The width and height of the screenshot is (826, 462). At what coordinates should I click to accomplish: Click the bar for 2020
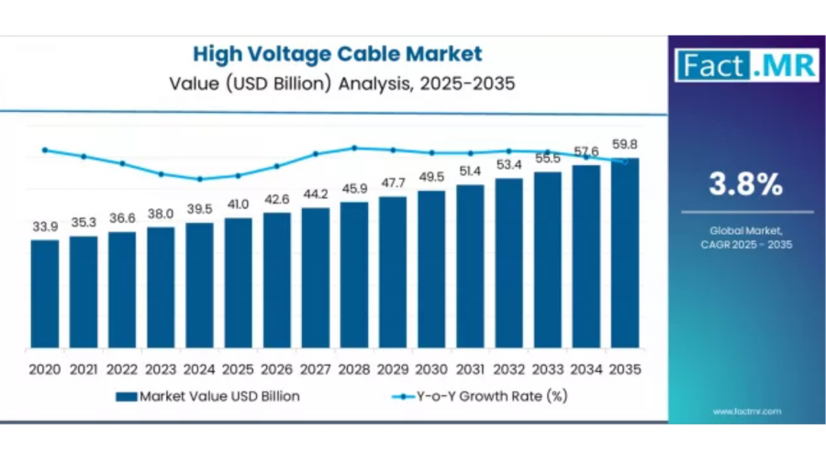pos(45,293)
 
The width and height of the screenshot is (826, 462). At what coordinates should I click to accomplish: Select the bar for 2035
pos(625,253)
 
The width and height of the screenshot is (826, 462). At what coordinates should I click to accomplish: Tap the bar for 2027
pos(316,278)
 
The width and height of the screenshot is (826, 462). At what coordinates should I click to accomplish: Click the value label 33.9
pos(45,226)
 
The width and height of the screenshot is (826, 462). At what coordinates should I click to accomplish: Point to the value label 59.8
pos(625,144)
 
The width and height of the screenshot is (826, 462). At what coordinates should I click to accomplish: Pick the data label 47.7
pos(394,182)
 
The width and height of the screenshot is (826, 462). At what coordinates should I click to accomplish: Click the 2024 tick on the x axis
pos(200,369)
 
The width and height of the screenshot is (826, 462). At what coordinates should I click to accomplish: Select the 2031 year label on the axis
pos(471,369)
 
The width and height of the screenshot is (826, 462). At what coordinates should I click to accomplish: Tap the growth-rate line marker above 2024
pos(200,179)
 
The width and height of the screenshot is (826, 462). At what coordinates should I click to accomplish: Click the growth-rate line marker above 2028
pos(354,147)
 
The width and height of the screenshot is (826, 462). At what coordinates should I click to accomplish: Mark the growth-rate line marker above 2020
pos(45,149)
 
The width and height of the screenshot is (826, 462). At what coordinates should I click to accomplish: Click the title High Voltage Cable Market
pos(337,54)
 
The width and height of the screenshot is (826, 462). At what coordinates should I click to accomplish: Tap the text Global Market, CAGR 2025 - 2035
pos(745,237)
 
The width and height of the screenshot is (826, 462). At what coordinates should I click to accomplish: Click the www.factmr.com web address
pos(746,411)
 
